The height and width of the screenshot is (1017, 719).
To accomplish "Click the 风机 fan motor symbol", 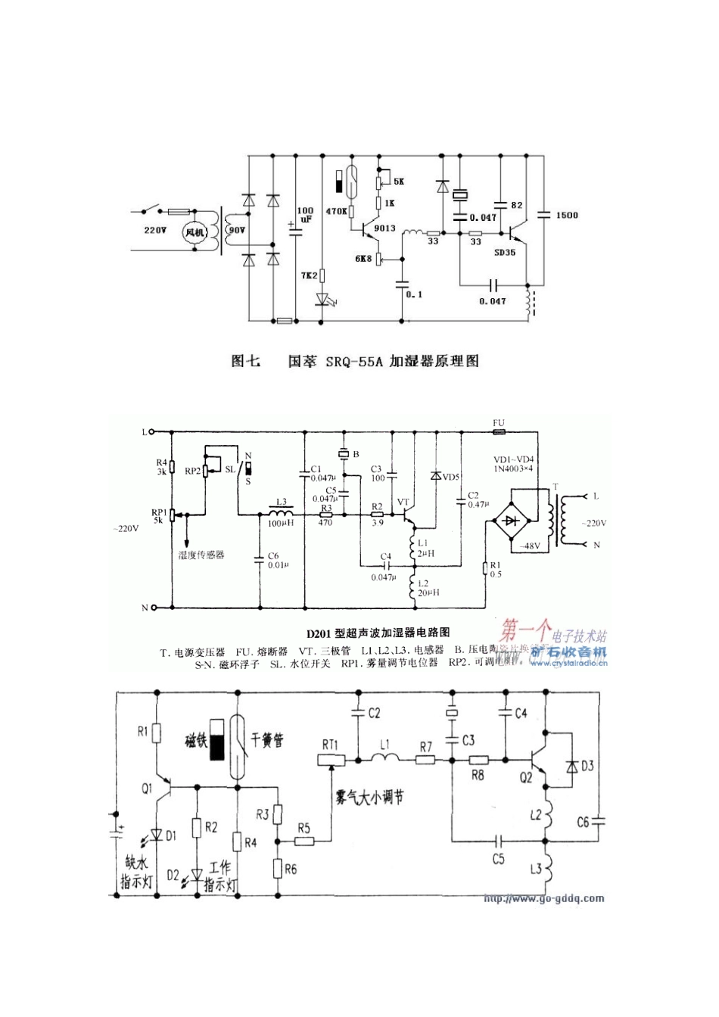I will (195, 232).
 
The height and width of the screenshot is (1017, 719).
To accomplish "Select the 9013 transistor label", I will (385, 227).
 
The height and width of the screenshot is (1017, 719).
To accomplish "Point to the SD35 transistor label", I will (505, 252).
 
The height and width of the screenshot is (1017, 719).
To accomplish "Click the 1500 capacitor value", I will (566, 215).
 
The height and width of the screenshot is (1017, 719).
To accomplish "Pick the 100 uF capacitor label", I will (305, 214).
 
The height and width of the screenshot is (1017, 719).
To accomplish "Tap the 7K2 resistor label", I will (310, 276).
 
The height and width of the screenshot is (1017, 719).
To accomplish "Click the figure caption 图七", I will (245, 361).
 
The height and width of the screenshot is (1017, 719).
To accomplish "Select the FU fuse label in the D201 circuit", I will (498, 423).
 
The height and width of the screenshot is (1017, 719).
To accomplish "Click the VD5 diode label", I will (450, 477).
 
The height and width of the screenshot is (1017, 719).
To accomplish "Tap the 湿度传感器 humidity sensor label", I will (201, 555).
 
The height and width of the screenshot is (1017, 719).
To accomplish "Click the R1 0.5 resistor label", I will (496, 569).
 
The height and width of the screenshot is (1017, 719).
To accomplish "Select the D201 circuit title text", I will (378, 633).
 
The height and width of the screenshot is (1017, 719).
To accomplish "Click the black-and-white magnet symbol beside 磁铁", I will (218, 742).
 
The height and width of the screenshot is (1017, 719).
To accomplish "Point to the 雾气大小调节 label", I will (369, 798).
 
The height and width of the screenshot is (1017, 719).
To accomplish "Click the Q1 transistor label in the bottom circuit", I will (148, 787).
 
